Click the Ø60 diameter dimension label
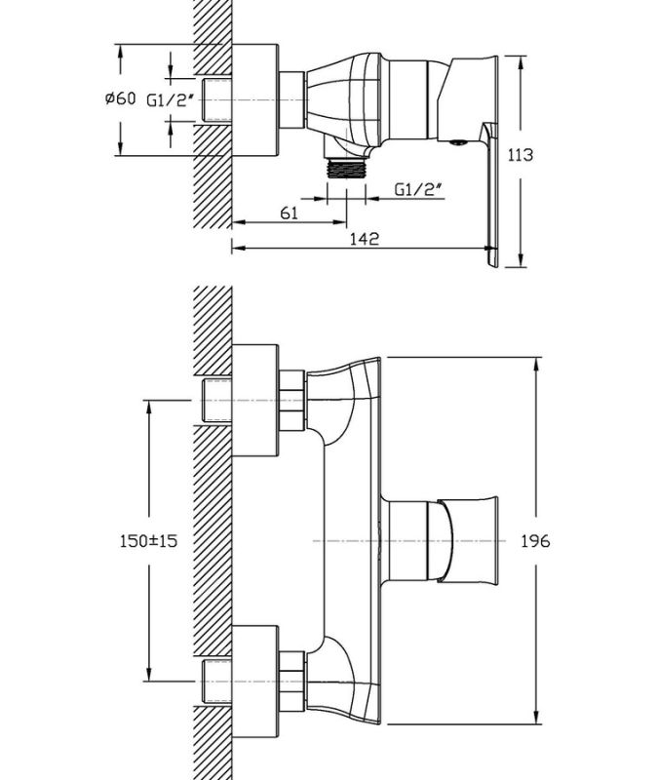tap(120, 98)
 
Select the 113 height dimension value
tap(520, 155)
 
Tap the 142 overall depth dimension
tap(364, 238)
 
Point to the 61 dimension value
tap(289, 213)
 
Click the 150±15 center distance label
tap(148, 540)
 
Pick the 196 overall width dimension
tap(535, 540)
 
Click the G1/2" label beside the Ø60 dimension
tap(170, 100)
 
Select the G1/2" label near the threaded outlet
tap(418, 189)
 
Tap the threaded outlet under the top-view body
tap(347, 168)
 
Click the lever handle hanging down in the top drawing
tap(491, 194)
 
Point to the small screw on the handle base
tap(457, 142)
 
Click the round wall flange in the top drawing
tap(254, 100)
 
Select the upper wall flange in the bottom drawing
tap(255, 400)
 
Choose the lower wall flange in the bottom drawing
tap(255, 681)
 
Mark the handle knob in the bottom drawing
tap(468, 540)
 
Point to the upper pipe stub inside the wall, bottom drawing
tap(217, 400)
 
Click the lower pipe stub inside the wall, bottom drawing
tap(217, 681)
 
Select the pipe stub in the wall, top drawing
tap(217, 100)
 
